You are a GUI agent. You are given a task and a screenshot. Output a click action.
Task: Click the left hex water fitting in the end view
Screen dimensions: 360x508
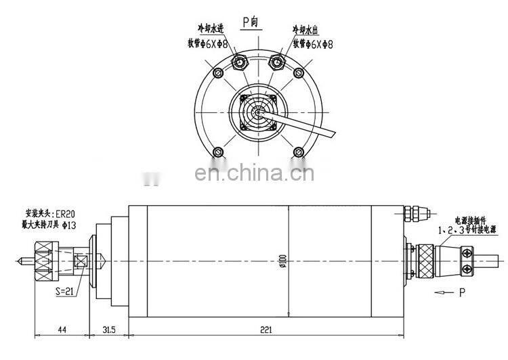click(240, 63)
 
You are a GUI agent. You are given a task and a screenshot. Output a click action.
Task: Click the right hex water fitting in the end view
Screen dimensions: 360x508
click(276, 63)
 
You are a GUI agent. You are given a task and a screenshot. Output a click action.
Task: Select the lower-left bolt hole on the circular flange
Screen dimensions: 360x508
click(218, 151)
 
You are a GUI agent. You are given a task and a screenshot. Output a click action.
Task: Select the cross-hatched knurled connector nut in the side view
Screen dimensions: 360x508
click(424, 260)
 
